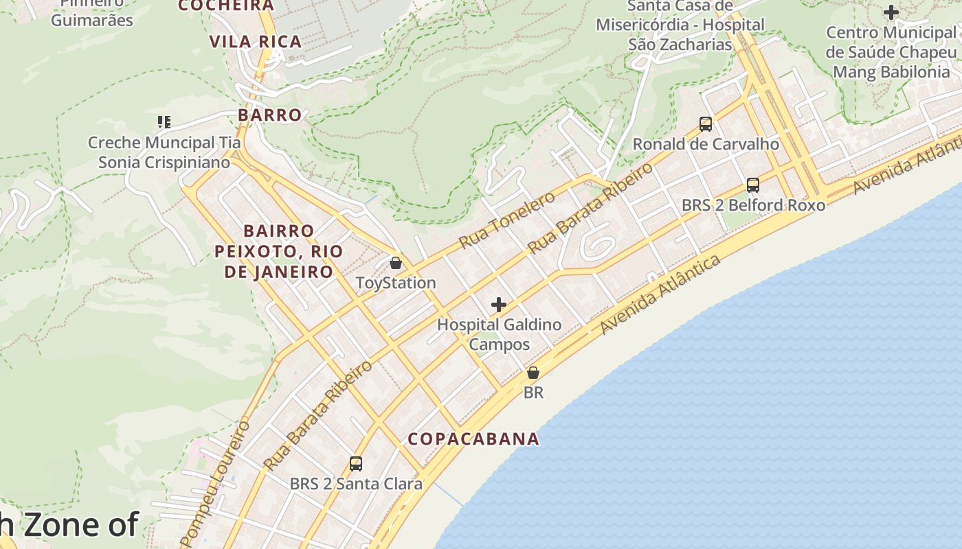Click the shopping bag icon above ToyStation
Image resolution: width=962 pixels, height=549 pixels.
click(395, 263)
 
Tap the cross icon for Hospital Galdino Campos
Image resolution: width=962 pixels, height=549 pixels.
click(499, 305)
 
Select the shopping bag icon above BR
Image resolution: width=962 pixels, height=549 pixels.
click(533, 373)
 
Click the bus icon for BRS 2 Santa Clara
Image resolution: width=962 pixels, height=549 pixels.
click(355, 464)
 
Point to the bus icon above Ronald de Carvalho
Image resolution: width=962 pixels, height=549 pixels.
click(705, 124)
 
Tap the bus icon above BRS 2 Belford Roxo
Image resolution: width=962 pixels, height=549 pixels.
click(752, 185)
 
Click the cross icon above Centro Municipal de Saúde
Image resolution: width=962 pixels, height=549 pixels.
click(891, 12)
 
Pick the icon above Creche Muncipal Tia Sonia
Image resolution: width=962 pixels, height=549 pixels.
click(164, 123)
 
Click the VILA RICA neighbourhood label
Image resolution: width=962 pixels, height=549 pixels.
click(256, 42)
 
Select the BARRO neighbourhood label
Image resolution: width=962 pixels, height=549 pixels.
click(270, 115)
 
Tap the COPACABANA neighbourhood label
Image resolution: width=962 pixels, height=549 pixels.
click(473, 439)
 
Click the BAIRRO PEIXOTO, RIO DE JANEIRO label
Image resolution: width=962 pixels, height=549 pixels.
click(278, 251)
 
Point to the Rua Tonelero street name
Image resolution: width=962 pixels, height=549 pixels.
click(506, 220)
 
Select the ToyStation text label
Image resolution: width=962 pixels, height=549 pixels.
click(396, 283)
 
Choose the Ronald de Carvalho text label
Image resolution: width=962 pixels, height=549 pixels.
click(706, 144)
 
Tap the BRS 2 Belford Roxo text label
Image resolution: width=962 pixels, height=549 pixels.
click(753, 205)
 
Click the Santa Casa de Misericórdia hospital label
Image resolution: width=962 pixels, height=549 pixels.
click(680, 25)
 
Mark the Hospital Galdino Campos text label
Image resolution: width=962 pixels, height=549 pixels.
click(500, 334)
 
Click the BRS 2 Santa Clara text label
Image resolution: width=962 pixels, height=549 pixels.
click(355, 484)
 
